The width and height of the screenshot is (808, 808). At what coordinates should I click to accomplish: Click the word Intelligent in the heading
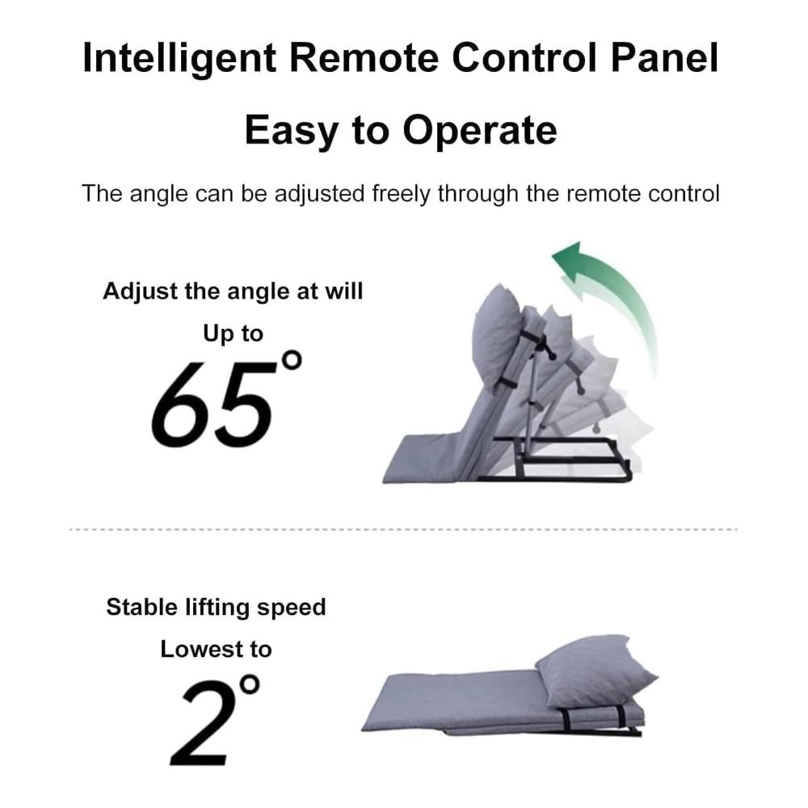(x=179, y=59)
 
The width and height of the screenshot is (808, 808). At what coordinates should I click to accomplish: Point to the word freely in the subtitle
(x=401, y=194)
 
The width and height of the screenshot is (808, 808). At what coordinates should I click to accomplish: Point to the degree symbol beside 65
(x=291, y=360)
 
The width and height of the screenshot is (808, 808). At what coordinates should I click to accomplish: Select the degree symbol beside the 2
(x=250, y=685)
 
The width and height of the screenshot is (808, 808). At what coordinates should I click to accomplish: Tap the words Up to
(x=233, y=334)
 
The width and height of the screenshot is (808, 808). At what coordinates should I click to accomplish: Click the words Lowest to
(x=216, y=650)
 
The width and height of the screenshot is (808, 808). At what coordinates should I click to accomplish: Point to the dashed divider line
(x=403, y=529)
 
